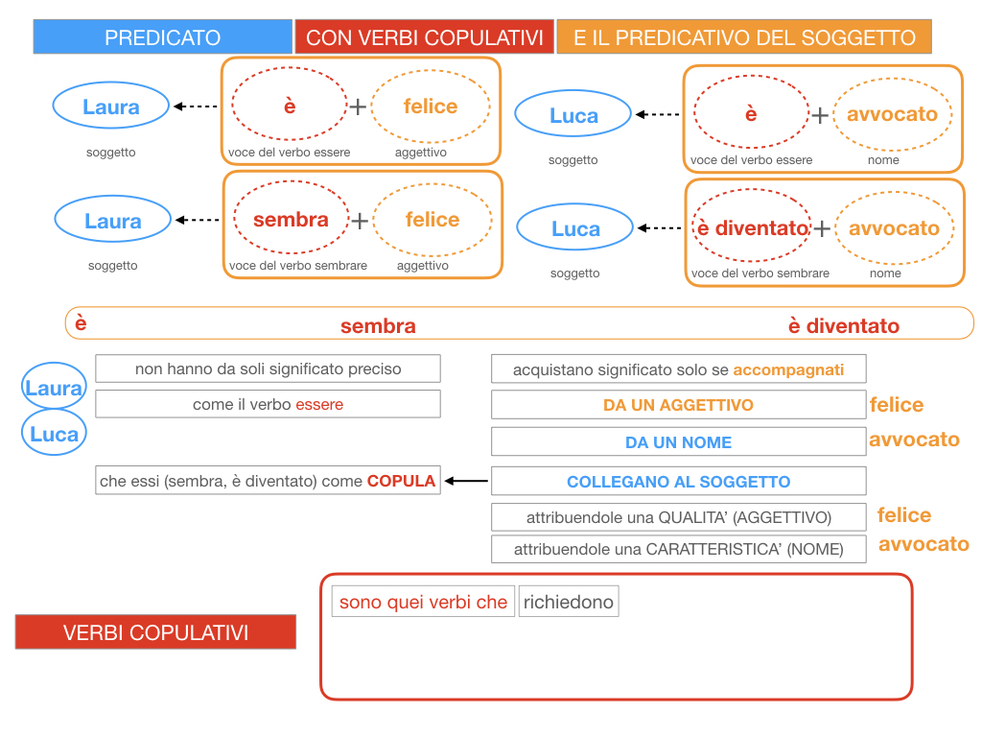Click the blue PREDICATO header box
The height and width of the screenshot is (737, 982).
[x=162, y=37]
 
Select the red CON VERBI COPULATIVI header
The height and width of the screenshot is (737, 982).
[x=424, y=37]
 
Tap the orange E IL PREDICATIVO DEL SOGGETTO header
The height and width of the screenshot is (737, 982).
[x=743, y=37]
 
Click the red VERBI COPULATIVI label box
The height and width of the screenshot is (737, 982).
[x=155, y=632]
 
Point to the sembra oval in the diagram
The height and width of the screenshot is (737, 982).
[x=292, y=220]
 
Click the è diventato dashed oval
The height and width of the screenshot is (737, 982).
[x=752, y=228]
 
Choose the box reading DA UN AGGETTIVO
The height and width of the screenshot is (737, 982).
[x=678, y=405]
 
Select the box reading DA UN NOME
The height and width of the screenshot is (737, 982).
[x=678, y=442]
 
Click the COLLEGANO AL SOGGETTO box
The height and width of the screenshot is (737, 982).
[x=678, y=482]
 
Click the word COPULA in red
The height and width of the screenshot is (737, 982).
[x=401, y=481]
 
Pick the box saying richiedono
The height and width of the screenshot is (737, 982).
[x=568, y=602]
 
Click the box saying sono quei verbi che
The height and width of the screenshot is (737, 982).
[x=423, y=602]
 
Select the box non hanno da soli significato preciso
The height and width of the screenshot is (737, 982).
[x=268, y=368]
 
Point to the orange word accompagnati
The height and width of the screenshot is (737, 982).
[x=788, y=369]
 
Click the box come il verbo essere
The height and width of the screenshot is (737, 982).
[x=268, y=404]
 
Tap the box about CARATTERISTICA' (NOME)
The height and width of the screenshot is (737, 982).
[x=678, y=550]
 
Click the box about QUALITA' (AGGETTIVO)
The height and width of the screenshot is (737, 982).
[x=678, y=517]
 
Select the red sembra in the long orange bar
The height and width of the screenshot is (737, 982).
[x=378, y=326]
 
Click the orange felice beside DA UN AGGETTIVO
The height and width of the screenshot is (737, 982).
[x=896, y=405]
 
